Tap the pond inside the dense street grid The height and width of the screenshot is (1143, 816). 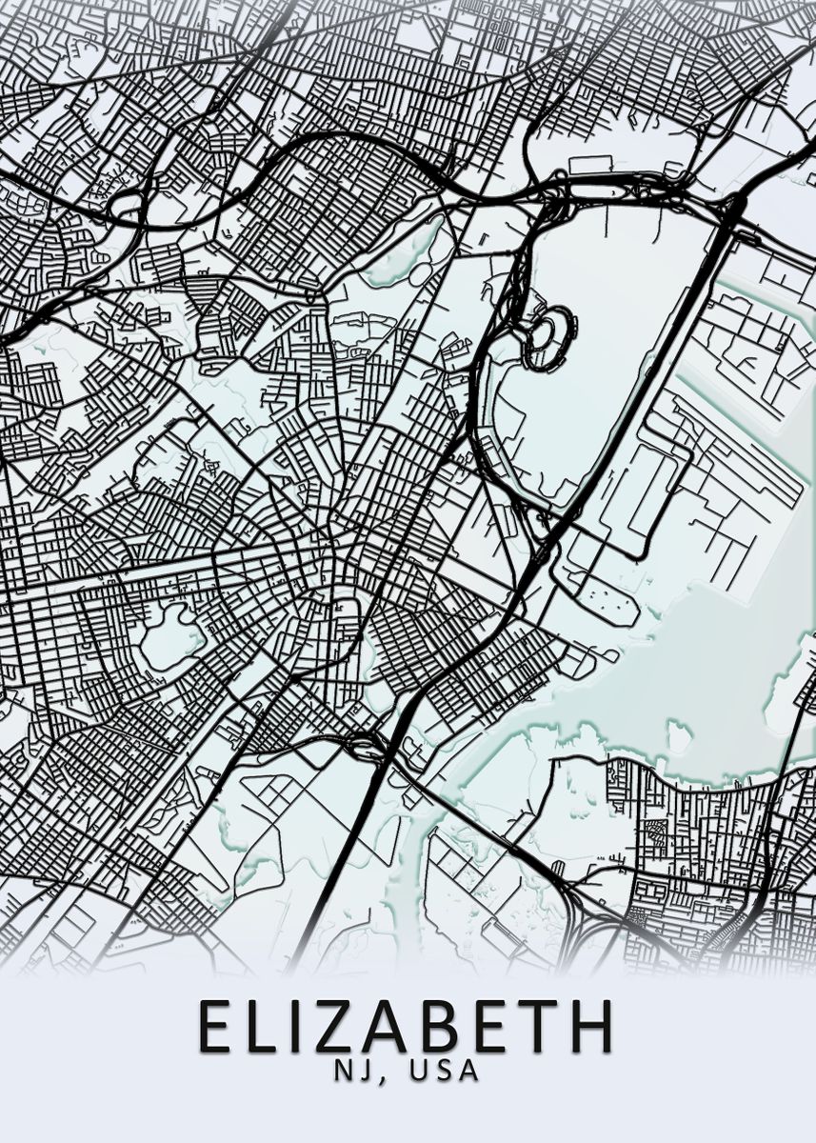(x=169, y=636)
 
